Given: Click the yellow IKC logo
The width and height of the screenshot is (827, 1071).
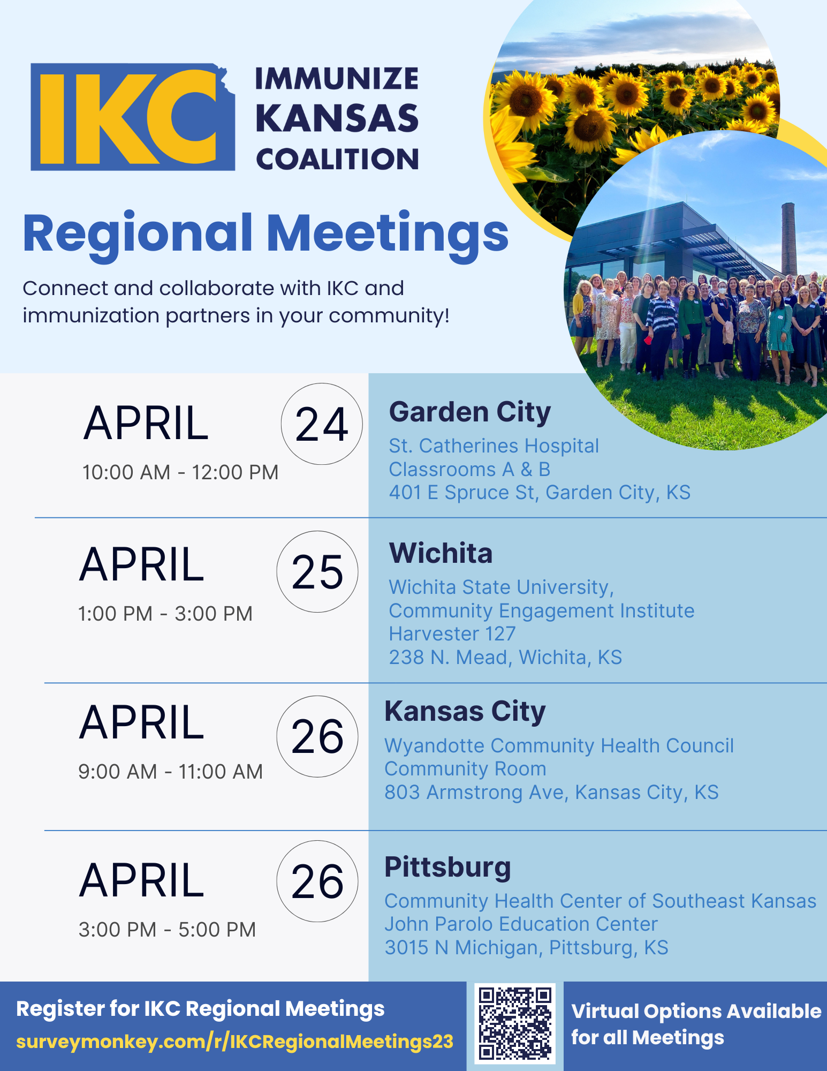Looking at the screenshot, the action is pos(133,117).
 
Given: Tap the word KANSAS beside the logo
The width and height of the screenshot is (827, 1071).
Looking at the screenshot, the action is pos(337,118).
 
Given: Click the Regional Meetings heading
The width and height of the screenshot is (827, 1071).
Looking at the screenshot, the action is pos(265,234).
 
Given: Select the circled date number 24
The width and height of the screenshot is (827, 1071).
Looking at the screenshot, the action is pos(322,424).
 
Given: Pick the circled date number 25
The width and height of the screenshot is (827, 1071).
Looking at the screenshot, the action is pos(317,571).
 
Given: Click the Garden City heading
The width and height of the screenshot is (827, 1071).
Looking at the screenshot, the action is pos(470,412).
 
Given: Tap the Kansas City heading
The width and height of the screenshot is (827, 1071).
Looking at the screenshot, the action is pos(465,712).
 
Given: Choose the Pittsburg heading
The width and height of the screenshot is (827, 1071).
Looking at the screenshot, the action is pos(447,868).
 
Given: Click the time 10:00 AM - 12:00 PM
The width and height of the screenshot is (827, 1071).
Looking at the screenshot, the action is pos(180,472).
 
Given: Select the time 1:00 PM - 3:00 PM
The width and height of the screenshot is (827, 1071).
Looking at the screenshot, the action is pos(165,614).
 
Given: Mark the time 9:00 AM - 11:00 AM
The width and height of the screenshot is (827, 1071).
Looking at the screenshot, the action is pos(171,772).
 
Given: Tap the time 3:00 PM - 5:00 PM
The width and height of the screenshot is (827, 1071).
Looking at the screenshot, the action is pos(167,930).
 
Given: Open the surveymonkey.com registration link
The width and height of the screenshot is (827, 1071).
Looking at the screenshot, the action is pos(234,1042).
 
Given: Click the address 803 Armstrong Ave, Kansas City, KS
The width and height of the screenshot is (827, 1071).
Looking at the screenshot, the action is pos(551,793).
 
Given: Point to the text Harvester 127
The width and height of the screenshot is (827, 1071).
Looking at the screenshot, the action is pos(452,634).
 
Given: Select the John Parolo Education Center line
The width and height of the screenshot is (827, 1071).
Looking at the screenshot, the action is pos(521,924).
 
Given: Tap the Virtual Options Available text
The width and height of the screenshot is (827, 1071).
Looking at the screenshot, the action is pos(696,1011).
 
